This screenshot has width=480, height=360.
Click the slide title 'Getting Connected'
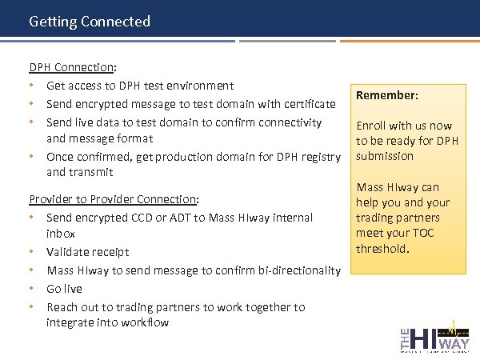[89, 22]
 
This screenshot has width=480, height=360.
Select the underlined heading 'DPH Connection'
[73, 67]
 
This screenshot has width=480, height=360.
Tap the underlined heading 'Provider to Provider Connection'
[114, 199]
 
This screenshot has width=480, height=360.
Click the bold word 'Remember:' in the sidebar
[387, 95]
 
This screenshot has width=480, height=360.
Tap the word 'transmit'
[90, 172]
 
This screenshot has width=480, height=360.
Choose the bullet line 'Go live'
[64, 289]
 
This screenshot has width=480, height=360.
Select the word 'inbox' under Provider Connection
[61, 234]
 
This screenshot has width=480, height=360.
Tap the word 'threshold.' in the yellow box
[383, 249]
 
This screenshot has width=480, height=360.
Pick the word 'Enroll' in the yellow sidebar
[371, 126]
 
